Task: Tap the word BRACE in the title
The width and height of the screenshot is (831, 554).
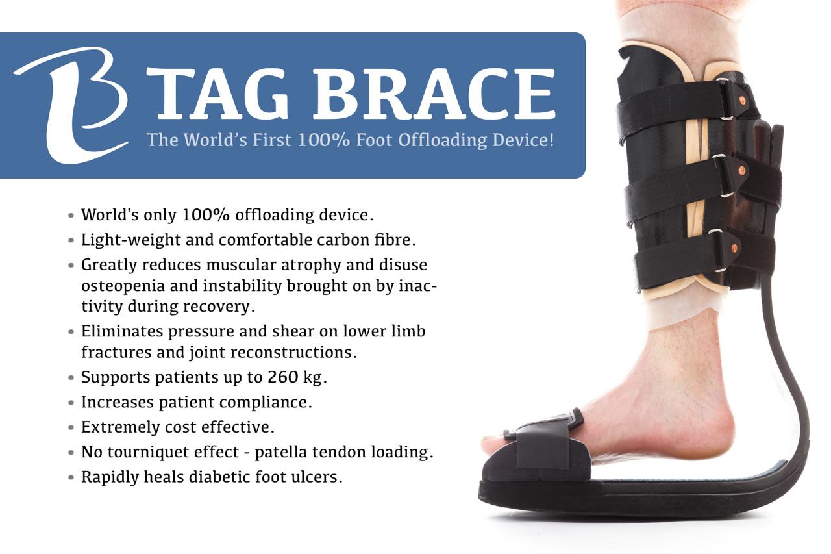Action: point(434,94)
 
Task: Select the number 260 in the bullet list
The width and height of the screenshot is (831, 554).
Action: point(282,377)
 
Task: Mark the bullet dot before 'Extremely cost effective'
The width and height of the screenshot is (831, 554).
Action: point(71,427)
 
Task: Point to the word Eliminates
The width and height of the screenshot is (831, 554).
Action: point(122,331)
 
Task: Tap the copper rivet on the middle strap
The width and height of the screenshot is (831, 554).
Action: point(741,171)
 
